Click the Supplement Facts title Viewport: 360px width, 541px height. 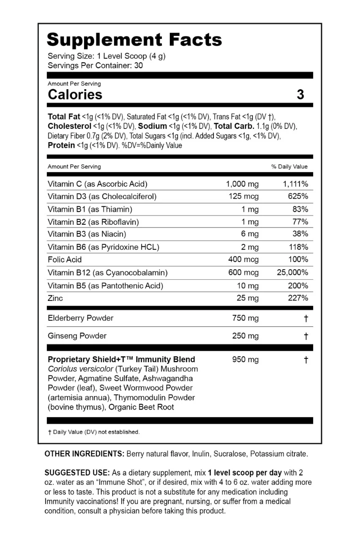pyautogui.click(x=134, y=40)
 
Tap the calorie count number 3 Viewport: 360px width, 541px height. pyautogui.click(x=300, y=94)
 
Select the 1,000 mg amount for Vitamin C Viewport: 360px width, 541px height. pyautogui.click(x=242, y=184)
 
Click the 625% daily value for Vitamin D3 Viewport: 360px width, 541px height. pyautogui.click(x=298, y=197)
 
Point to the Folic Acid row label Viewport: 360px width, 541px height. pyautogui.click(x=65, y=260)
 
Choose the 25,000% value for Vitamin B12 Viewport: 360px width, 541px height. pyautogui.click(x=292, y=273)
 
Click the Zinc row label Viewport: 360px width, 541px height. pyautogui.click(x=55, y=298)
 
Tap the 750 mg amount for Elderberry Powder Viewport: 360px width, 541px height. pyautogui.click(x=245, y=318)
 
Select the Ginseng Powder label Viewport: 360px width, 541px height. pyautogui.click(x=77, y=336)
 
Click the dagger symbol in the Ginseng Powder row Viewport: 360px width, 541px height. pyautogui.click(x=305, y=336)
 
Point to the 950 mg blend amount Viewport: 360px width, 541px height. pyautogui.click(x=245, y=360)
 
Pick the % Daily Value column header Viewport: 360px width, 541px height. pyautogui.click(x=289, y=167)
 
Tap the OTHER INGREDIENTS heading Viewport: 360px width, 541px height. pyautogui.click(x=84, y=454)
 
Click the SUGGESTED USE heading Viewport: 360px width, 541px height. pyautogui.click(x=77, y=473)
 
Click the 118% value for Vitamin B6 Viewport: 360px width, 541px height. pyautogui.click(x=298, y=247)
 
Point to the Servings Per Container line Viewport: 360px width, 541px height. pyautogui.click(x=95, y=66)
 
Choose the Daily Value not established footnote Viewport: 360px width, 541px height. pyautogui.click(x=93, y=432)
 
